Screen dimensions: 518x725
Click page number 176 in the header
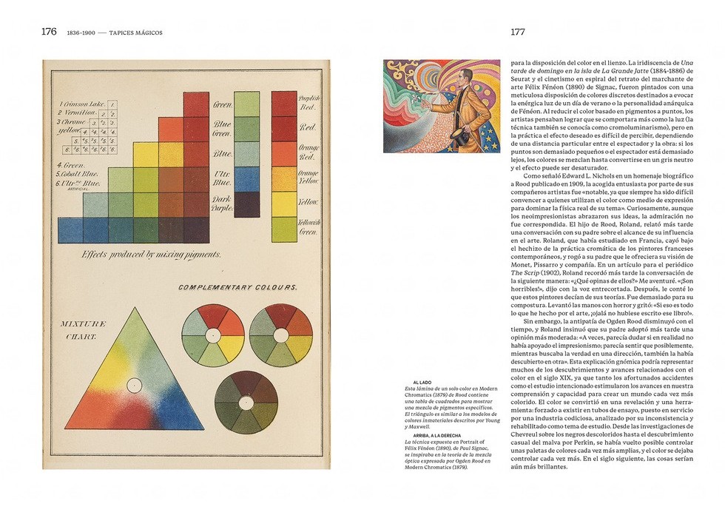coord(49,32)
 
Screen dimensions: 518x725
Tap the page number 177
coord(518,32)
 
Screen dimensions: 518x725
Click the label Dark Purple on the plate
coord(223,203)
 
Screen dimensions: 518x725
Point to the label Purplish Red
coord(308,103)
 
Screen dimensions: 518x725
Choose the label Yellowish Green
coord(308,228)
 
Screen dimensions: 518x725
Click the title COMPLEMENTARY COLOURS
coord(237,286)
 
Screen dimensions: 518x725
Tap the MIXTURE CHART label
coord(83,329)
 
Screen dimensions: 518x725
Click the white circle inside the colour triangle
coord(134,385)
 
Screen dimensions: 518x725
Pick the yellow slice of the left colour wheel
coord(230,347)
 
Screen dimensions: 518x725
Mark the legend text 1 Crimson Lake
coord(81,104)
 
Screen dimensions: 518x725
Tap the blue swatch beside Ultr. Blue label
coord(247,178)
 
